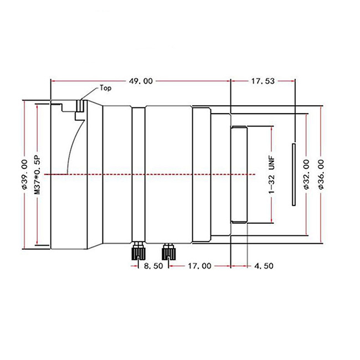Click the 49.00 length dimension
pos(141,81)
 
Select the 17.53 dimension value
pos(263,81)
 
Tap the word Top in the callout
pos(105,88)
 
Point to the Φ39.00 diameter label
pos(24,174)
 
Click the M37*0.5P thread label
pos(37,175)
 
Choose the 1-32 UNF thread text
pos(271,174)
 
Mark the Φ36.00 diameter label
pos(321,174)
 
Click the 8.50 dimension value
pos(153,266)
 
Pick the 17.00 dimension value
pos(199,266)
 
